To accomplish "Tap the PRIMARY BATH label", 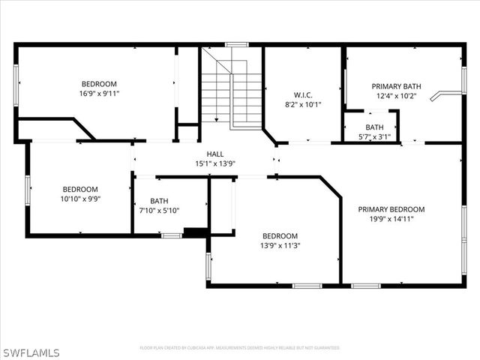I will [x=394, y=86].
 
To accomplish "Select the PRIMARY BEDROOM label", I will [x=391, y=209].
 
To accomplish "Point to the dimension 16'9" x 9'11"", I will [x=99, y=94].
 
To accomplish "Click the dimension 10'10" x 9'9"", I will [x=79, y=199].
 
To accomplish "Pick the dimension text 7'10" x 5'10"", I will [x=159, y=211].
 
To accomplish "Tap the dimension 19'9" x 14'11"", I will [x=391, y=219].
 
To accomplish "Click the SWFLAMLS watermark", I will [x=30, y=352].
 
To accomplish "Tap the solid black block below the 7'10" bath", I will [x=195, y=233].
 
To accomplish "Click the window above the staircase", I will [x=237, y=45].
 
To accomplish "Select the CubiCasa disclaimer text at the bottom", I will [x=240, y=348].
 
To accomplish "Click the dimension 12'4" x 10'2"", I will [x=394, y=96].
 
